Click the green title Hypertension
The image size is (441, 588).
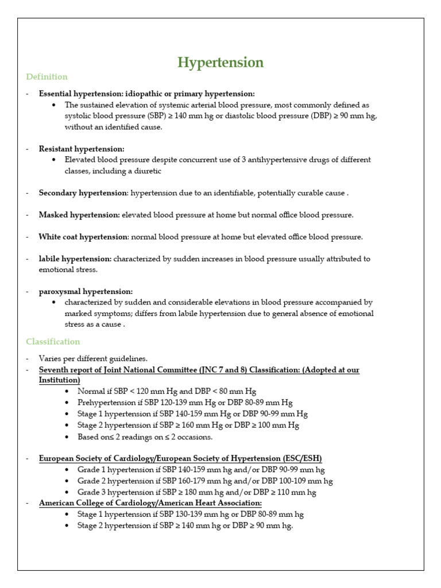pos(220,63)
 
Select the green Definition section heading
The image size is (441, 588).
pos(47,77)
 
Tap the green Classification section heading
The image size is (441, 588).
pos(53,342)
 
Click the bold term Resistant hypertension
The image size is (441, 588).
pos(81,149)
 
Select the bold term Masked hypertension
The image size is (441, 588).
pos(79,215)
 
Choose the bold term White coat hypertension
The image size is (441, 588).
pos(83,237)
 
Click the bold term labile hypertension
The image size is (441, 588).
pos(75,259)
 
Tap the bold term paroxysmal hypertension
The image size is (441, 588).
pos(86,292)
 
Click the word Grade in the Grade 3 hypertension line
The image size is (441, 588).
pos(88,492)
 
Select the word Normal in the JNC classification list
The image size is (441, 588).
pos(91,392)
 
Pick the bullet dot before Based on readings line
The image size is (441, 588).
pos(68,437)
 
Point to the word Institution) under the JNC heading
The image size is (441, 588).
pos(59,380)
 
